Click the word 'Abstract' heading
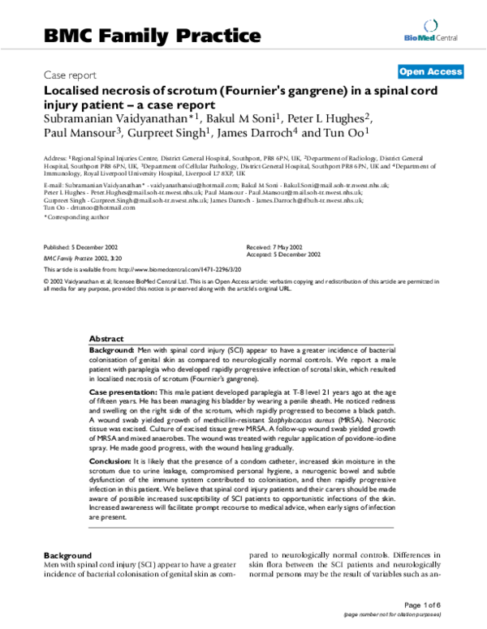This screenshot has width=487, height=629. [106, 337]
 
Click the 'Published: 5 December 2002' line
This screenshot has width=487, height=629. [79, 245]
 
